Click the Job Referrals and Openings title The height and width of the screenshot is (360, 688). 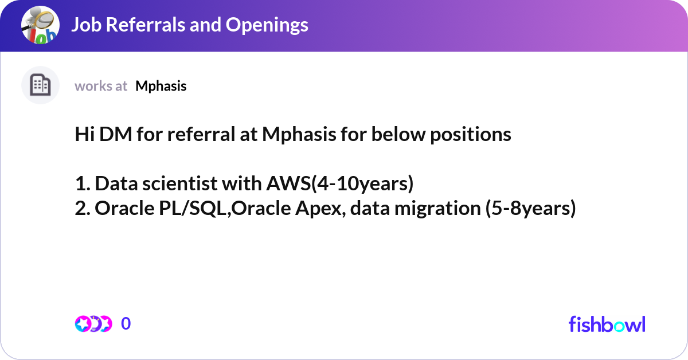(x=189, y=25)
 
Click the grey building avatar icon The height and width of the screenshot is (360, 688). (x=40, y=85)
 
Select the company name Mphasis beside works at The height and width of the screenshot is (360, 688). (x=161, y=86)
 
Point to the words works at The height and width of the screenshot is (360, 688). (x=101, y=86)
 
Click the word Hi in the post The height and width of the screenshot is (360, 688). (x=84, y=135)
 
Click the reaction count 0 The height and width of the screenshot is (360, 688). (x=126, y=324)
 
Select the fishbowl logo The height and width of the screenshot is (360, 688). (x=607, y=324)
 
